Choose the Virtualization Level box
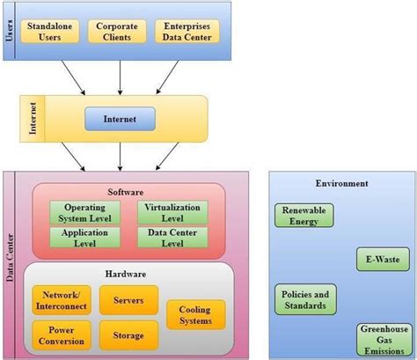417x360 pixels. tap(168, 213)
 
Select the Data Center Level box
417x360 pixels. tap(168, 236)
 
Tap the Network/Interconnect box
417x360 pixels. tap(60, 299)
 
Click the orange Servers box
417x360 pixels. tap(128, 299)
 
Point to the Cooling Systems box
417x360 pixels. tap(195, 314)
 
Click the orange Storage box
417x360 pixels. tap(128, 334)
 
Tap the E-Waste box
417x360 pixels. tap(376, 260)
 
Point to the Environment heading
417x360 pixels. tap(341, 183)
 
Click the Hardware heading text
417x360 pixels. tap(128, 274)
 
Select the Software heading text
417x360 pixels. tap(126, 191)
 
